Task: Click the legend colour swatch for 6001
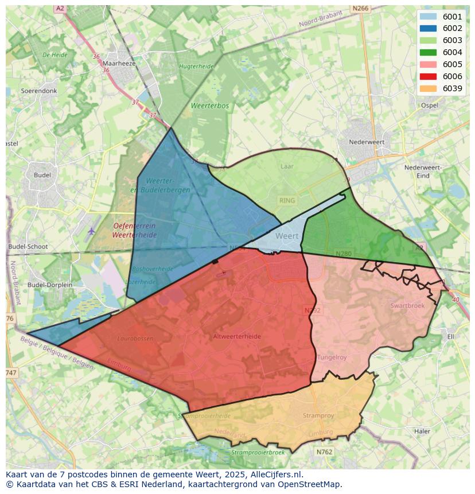pyautogui.click(x=427, y=17)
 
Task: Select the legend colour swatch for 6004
pyautogui.click(x=427, y=52)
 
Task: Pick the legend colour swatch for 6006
pyautogui.click(x=427, y=76)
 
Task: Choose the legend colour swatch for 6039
pyautogui.click(x=427, y=88)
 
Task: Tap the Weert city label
pyautogui.click(x=287, y=236)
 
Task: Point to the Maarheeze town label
pyautogui.click(x=119, y=64)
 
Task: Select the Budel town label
pyautogui.click(x=42, y=175)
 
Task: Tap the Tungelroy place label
pyautogui.click(x=332, y=357)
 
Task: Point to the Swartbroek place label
pyautogui.click(x=407, y=306)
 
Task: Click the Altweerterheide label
pyautogui.click(x=236, y=336)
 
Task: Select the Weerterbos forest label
pyautogui.click(x=210, y=106)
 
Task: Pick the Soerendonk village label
pyautogui.click(x=39, y=91)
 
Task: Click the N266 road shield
pyautogui.click(x=361, y=8)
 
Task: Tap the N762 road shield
pyautogui.click(x=324, y=452)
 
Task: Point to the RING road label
pyautogui.click(x=286, y=201)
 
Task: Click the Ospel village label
pyautogui.click(x=429, y=106)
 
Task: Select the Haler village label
pyautogui.click(x=422, y=431)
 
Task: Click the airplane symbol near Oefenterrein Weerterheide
pyautogui.click(x=92, y=231)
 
